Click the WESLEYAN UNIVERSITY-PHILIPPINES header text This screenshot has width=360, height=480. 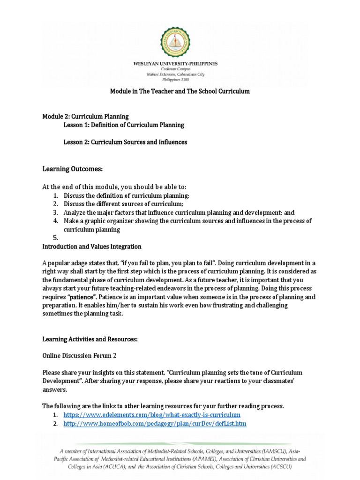180,64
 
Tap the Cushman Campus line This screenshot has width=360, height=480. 180,69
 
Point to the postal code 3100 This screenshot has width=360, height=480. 190,80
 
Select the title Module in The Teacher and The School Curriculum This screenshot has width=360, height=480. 180,91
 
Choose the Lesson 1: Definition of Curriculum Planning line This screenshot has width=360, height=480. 124,125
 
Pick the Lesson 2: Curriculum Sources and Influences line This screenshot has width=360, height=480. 125,142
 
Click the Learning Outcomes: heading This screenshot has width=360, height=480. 72,168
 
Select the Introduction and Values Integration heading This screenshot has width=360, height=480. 92,247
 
